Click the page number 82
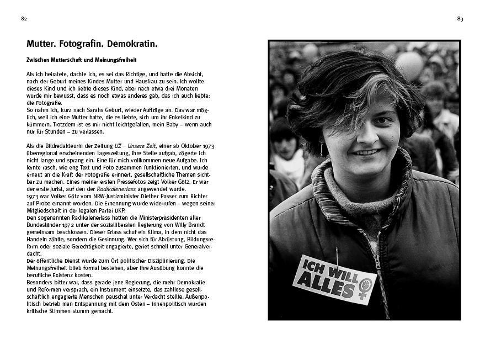coord(24,19)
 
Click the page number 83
coord(460,19)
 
